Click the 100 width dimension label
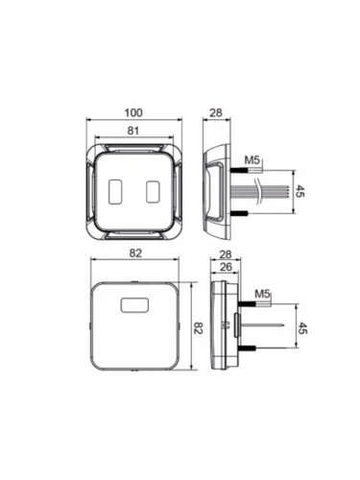pos(133,112)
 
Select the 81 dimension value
pos(133,131)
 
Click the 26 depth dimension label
pos(226,267)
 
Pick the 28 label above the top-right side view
pos(216,112)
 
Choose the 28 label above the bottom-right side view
pos(226,254)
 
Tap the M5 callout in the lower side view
pos(263,294)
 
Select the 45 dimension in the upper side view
pos(299,191)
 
